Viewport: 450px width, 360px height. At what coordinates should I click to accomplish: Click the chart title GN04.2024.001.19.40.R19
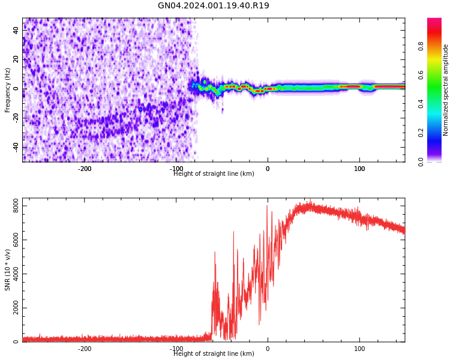[214, 6]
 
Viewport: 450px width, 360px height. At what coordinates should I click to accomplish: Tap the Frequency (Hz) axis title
[8, 90]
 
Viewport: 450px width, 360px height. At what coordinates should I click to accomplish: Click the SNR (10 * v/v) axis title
[8, 270]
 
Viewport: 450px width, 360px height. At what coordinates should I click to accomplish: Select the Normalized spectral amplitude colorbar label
[446, 90]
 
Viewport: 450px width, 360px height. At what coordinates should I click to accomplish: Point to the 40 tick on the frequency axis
[16, 30]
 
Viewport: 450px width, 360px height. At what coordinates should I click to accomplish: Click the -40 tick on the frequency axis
[14, 147]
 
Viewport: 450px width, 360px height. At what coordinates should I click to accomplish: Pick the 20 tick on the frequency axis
[16, 59]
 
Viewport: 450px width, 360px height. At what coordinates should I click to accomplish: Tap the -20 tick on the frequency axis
[14, 118]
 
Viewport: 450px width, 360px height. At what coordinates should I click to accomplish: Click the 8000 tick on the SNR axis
[11, 206]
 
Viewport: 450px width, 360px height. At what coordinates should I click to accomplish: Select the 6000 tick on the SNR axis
[11, 240]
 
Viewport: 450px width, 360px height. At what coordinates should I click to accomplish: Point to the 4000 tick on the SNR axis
[11, 274]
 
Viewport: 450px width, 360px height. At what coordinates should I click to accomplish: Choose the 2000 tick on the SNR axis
[11, 308]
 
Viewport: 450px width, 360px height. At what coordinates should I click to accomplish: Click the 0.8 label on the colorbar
[421, 46]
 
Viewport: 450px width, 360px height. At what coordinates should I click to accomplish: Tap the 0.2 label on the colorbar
[421, 133]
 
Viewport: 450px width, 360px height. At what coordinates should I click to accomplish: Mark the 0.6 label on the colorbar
[421, 75]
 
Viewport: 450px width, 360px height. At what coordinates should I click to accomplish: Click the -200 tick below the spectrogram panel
[85, 169]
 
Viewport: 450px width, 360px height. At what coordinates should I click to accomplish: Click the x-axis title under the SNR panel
[214, 354]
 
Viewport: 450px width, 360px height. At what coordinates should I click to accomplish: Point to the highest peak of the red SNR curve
[310, 201]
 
